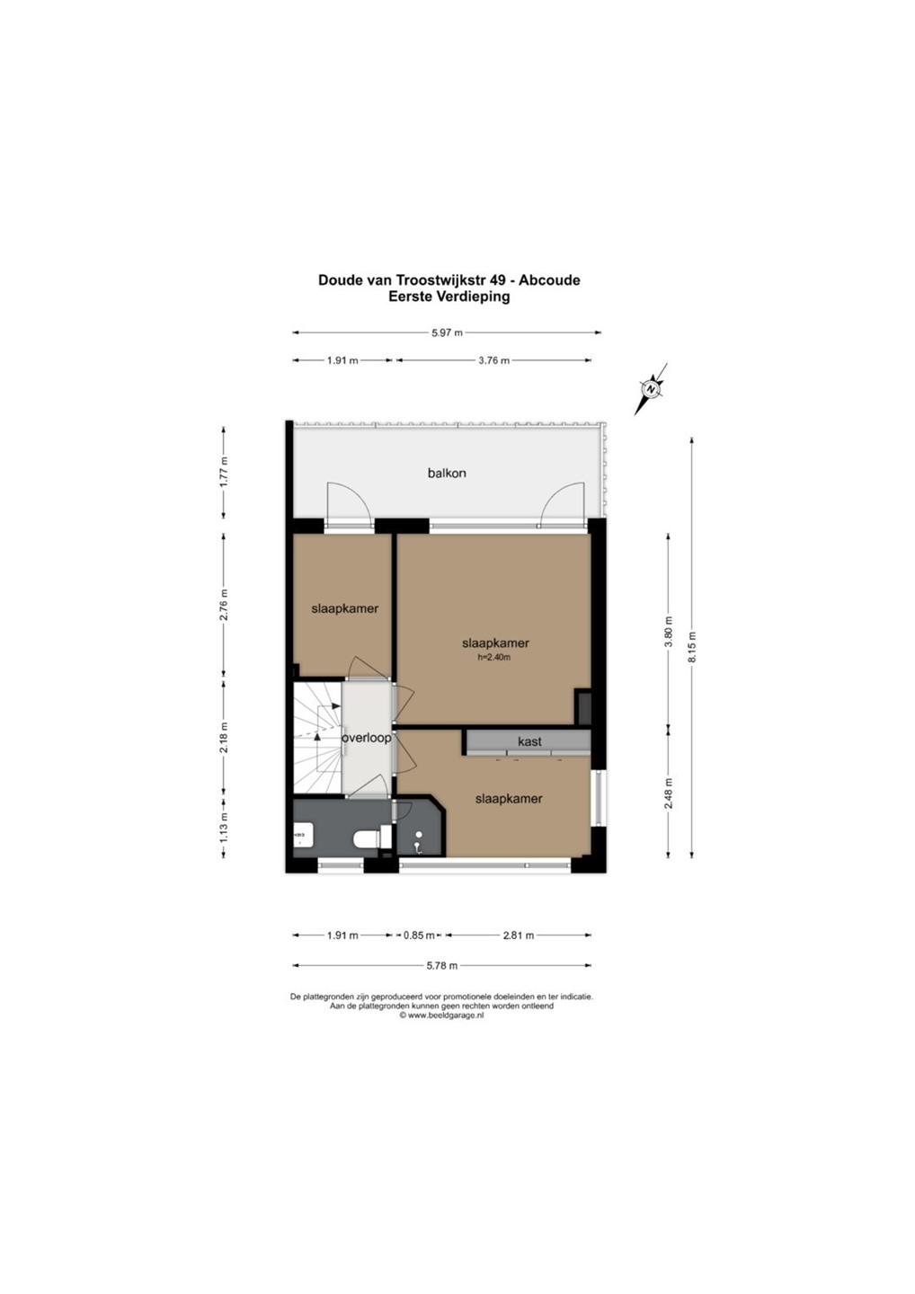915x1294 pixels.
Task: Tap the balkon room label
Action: pyautogui.click(x=447, y=473)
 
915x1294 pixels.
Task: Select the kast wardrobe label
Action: pyautogui.click(x=529, y=741)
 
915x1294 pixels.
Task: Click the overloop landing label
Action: pyautogui.click(x=366, y=739)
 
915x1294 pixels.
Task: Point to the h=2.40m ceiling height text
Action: pyautogui.click(x=494, y=657)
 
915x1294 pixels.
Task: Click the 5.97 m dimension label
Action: pyautogui.click(x=447, y=332)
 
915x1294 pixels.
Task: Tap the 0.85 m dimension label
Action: pyautogui.click(x=419, y=935)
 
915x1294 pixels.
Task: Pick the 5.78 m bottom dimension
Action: pyautogui.click(x=442, y=965)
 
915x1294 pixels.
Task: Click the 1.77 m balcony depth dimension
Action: pyautogui.click(x=224, y=472)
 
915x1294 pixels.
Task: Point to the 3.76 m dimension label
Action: pyautogui.click(x=493, y=360)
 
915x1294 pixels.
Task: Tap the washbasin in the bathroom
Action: pyautogui.click(x=303, y=836)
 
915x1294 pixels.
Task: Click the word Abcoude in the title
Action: pyautogui.click(x=549, y=280)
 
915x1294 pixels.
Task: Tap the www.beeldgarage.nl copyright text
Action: pyautogui.click(x=441, y=1016)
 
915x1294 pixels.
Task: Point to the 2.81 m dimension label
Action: pyautogui.click(x=518, y=935)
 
